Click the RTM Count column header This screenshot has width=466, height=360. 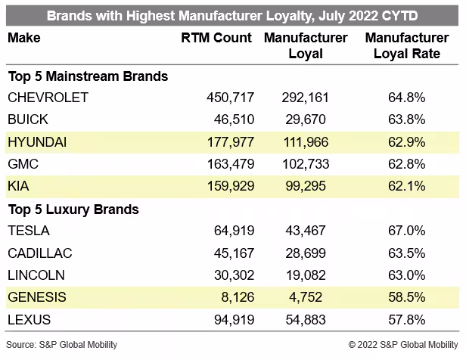tap(216, 38)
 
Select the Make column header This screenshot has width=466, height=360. tap(24, 38)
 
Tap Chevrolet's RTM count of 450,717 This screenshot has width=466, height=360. tap(231, 98)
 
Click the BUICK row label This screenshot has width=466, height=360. tap(28, 119)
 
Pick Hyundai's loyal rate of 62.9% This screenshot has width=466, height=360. tap(406, 142)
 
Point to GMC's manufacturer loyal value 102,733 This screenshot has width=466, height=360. tap(306, 164)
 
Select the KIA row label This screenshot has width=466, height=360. tap(18, 186)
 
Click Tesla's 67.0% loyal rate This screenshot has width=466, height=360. tap(406, 231)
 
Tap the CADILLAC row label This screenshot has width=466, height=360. tap(40, 253)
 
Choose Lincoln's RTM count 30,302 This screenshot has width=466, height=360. tap(235, 275)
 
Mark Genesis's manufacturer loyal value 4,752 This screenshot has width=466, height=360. tap(306, 297)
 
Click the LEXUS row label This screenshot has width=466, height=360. tap(29, 320)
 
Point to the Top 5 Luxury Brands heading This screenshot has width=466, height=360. tap(73, 209)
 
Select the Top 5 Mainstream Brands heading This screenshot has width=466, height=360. tap(88, 76)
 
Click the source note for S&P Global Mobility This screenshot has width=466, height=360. tap(61, 345)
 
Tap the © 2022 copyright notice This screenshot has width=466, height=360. tap(403, 345)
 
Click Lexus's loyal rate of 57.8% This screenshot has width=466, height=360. tap(406, 320)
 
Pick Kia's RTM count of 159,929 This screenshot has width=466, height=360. tap(231, 186)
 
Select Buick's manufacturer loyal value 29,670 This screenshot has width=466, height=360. tap(306, 119)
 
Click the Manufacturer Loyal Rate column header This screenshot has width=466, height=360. tap(407, 45)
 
